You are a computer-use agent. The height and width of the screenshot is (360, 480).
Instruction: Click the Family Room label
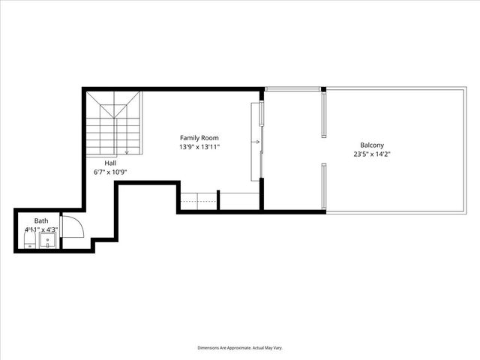tap(199, 138)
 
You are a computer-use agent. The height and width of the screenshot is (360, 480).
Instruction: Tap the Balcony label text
tap(372, 145)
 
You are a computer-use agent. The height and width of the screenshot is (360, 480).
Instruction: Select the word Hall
tap(110, 163)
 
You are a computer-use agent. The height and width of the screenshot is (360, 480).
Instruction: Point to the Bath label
tap(40, 220)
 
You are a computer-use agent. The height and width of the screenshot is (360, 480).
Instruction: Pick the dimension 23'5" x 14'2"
tap(372, 154)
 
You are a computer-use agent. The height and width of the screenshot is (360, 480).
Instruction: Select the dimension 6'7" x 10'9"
tap(110, 172)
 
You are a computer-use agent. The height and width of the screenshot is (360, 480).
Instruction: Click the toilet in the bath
tap(28, 241)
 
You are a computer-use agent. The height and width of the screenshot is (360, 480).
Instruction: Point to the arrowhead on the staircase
tap(127, 153)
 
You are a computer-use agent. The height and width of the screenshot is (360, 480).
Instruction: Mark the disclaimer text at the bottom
tap(239, 348)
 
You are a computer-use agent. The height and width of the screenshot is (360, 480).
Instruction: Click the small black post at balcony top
tap(323, 90)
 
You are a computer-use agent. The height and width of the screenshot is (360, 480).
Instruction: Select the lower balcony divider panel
tap(323, 187)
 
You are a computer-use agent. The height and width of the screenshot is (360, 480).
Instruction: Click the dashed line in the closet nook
tap(198, 203)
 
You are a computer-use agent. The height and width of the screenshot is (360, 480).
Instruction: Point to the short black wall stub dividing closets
tap(218, 199)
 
